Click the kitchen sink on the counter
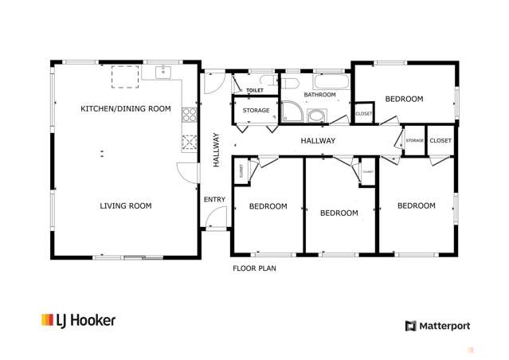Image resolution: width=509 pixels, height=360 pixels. [163, 73]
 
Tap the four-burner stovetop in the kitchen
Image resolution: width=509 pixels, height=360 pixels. [190, 115]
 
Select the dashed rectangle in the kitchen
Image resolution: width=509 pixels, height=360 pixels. [125, 76]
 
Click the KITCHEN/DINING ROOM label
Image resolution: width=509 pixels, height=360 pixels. [126, 108]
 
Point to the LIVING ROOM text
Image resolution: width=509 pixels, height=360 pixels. [126, 205]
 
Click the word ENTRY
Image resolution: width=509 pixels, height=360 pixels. [214, 199]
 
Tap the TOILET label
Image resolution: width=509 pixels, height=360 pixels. [254, 91]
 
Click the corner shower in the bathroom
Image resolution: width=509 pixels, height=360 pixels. [292, 113]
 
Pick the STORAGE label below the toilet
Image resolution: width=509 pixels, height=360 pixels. [256, 111]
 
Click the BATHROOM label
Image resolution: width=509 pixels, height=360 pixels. [319, 95]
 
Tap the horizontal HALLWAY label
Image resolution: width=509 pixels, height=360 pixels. [318, 141]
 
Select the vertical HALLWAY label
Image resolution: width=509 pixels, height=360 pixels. [216, 149]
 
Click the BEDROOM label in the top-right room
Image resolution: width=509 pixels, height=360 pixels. [404, 99]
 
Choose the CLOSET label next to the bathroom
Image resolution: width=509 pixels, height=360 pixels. [363, 114]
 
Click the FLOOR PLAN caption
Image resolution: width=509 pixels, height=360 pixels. [254, 268]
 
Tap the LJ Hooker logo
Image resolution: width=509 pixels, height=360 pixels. [78, 320]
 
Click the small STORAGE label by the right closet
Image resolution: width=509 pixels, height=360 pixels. [414, 141]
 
